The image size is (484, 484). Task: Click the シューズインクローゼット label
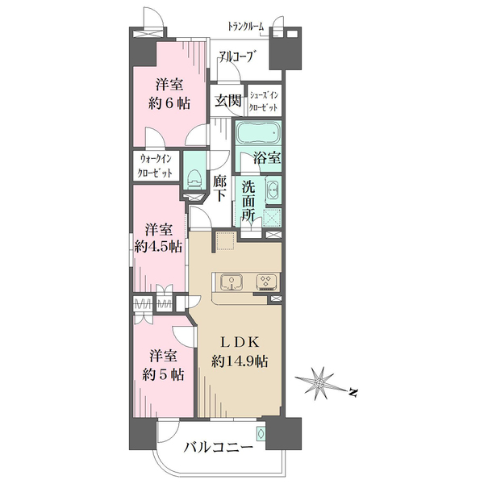(x=265, y=101)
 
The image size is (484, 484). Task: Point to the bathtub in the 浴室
(x=258, y=131)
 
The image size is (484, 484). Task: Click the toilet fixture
(x=194, y=176)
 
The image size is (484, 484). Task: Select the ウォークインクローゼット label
(x=156, y=165)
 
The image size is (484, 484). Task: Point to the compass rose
(x=320, y=382)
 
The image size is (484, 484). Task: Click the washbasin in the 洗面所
(x=273, y=192)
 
